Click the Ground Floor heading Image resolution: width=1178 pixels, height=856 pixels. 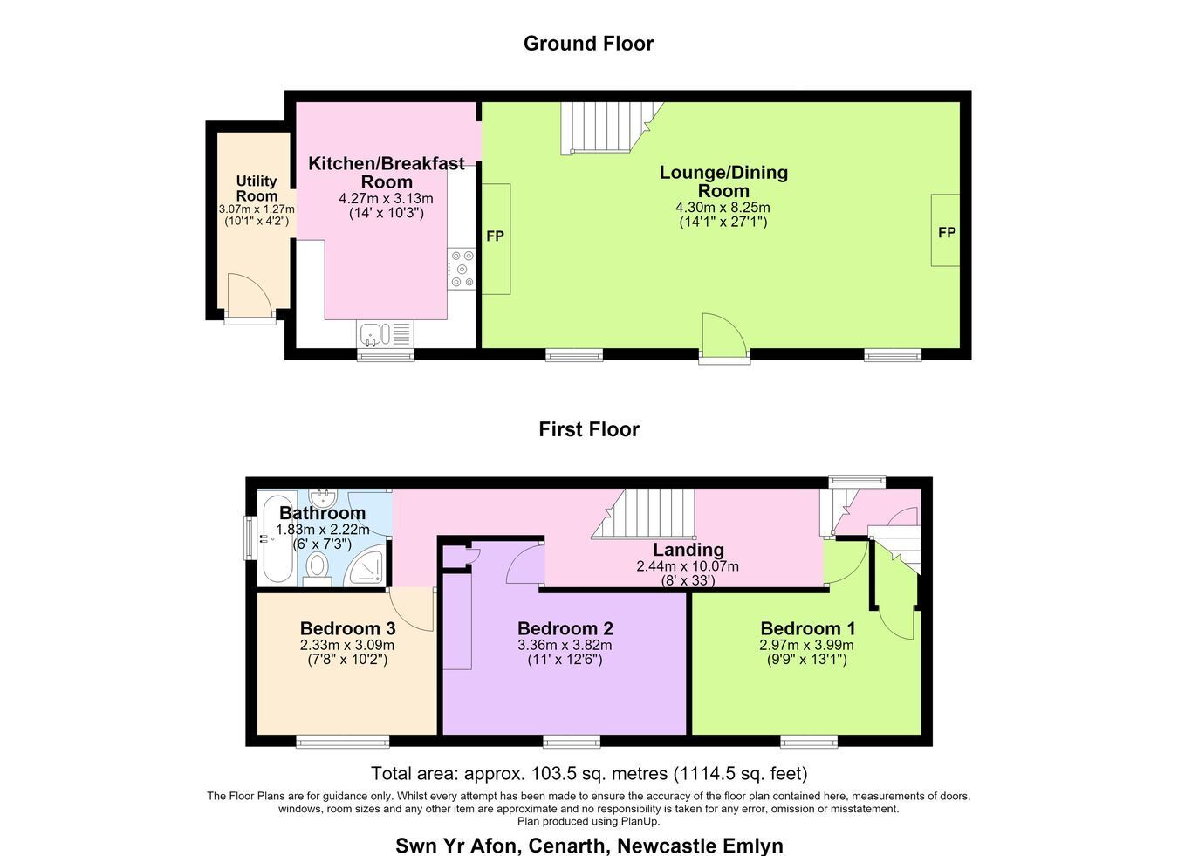click(x=588, y=43)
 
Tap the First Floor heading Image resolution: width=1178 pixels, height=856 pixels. click(x=589, y=429)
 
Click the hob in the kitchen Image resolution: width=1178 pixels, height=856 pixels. click(x=462, y=270)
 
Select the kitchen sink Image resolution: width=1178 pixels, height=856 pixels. click(x=385, y=334)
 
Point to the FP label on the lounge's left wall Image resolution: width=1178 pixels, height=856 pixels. click(x=496, y=236)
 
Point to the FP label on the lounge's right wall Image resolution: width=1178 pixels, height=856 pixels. click(x=947, y=232)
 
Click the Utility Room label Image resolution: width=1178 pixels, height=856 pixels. click(x=257, y=188)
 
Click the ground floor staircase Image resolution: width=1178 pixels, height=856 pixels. click(x=610, y=127)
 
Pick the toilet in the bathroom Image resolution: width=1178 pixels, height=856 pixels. click(x=317, y=568)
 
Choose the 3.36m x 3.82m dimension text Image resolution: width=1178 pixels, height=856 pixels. click(x=565, y=645)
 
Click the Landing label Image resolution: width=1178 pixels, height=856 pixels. click(x=688, y=550)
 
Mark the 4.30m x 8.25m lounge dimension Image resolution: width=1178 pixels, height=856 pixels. click(x=723, y=207)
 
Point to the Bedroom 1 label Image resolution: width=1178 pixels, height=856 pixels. click(x=808, y=628)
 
